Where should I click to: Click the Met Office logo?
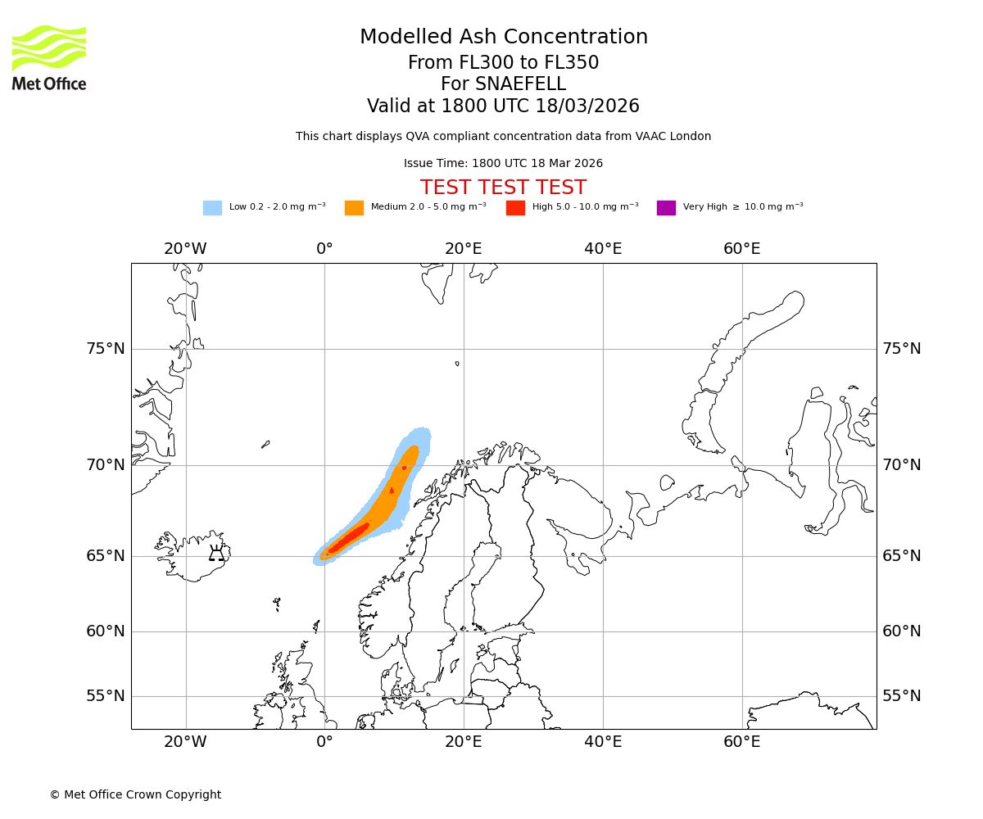point(49,57)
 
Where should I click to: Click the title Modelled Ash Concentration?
point(503,38)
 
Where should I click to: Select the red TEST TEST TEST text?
point(503,188)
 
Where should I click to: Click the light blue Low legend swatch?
point(212,208)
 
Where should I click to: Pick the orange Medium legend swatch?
point(354,208)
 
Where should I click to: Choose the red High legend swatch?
point(515,208)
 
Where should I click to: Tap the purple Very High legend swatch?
point(666,208)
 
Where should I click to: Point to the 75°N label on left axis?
point(106,349)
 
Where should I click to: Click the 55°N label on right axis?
point(901,696)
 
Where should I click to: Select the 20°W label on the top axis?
point(185,249)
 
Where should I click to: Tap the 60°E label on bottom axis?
point(741,742)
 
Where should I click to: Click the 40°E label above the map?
point(603,249)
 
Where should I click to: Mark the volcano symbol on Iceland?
point(216,554)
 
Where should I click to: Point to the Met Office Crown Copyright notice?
point(135,794)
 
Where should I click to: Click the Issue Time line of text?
point(503,164)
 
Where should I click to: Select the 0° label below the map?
point(324,742)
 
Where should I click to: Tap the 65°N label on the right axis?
point(901,556)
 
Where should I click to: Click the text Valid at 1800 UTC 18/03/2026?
point(503,106)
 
